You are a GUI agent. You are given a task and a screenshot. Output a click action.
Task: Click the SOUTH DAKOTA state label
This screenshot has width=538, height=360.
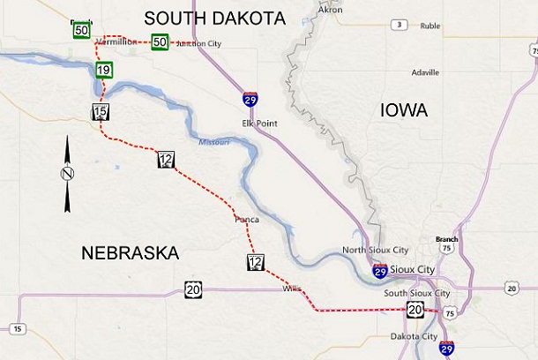click(215, 18)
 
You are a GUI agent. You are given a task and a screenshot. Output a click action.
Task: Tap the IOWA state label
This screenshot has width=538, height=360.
click(403, 110)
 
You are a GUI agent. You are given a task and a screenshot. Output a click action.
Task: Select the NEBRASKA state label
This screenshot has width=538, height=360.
click(130, 253)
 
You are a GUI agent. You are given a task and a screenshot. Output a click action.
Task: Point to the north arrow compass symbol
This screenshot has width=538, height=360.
click(67, 174)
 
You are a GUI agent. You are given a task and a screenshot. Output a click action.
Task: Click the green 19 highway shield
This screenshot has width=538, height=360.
click(104, 70)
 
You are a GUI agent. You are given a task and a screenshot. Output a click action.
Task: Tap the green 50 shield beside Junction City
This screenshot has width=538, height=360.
click(160, 41)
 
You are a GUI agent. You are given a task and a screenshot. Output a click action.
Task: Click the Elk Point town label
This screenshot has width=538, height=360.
click(259, 123)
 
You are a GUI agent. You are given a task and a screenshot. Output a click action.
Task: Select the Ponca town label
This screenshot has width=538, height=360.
click(246, 218)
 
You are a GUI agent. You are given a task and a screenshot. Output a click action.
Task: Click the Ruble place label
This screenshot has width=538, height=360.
click(430, 26)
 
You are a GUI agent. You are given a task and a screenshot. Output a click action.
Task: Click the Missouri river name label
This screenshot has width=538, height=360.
click(214, 141)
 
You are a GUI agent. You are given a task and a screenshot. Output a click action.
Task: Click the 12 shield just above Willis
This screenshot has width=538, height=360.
click(256, 262)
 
